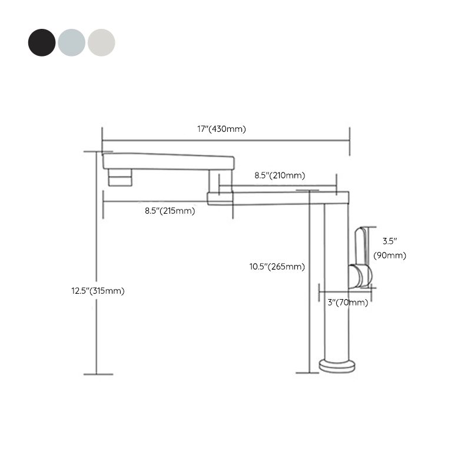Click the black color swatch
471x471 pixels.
coord(41,42)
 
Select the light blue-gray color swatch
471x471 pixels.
coord(71,42)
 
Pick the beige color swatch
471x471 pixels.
coord(101,42)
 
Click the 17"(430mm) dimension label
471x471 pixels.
coord(221,129)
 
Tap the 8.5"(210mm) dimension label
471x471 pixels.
coord(280,175)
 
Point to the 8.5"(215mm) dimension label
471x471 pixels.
coord(170,211)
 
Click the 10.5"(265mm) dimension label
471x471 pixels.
coord(277,267)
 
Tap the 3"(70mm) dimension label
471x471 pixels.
coord(347,303)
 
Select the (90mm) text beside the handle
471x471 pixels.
coord(390,256)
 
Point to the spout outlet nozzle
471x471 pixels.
coord(120,177)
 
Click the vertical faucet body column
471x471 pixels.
coord(337,283)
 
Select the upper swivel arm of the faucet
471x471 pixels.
coord(168,161)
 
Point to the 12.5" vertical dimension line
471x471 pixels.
coord(97,330)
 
